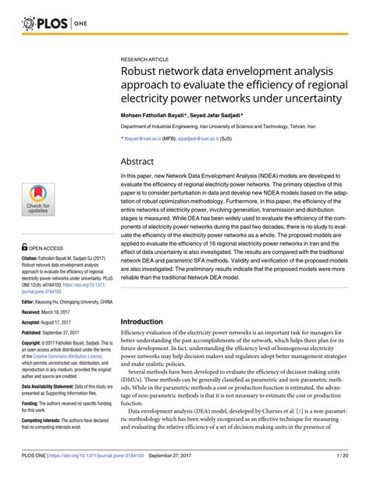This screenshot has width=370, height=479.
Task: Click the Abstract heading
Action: [141, 159]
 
